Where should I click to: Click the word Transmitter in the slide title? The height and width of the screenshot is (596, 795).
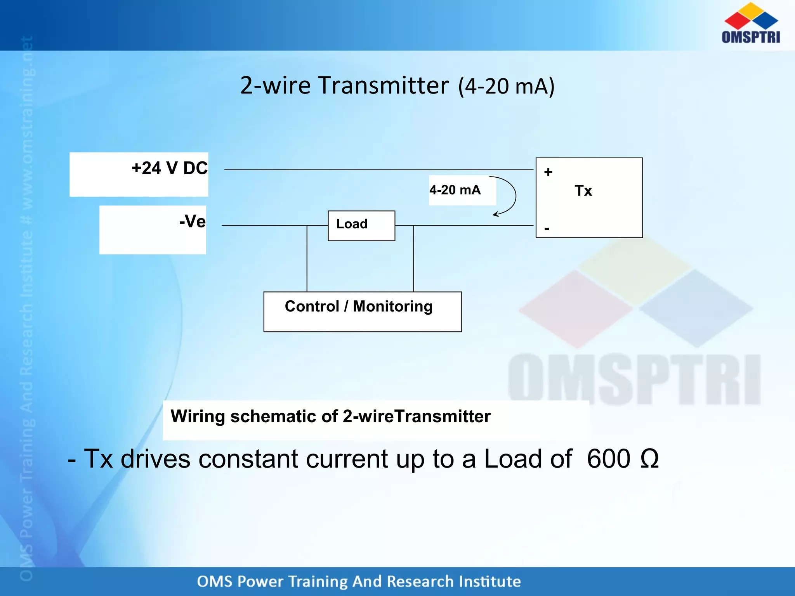(x=383, y=85)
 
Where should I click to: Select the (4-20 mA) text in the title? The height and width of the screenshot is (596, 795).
(x=506, y=86)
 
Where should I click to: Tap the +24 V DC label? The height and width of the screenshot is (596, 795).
(x=169, y=168)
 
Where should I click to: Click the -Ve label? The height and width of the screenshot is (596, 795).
(x=192, y=222)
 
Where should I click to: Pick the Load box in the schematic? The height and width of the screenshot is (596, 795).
(x=361, y=225)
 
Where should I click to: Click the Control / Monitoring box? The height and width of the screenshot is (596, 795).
(x=362, y=311)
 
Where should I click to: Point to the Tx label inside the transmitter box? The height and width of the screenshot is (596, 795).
(x=583, y=191)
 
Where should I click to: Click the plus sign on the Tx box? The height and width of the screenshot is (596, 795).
(x=548, y=172)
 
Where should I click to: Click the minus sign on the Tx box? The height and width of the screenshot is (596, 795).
(x=547, y=229)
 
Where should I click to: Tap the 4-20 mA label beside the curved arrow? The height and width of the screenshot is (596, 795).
(x=455, y=190)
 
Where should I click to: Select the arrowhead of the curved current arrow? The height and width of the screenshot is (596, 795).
(x=495, y=214)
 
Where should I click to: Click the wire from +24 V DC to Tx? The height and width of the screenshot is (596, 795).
(x=378, y=170)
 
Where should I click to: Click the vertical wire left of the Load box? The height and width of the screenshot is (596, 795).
(x=307, y=258)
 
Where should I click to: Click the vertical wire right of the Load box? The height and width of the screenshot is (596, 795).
(x=413, y=258)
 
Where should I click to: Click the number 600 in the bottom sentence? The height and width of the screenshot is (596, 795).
(x=608, y=459)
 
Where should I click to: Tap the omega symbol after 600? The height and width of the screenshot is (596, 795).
(x=649, y=459)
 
